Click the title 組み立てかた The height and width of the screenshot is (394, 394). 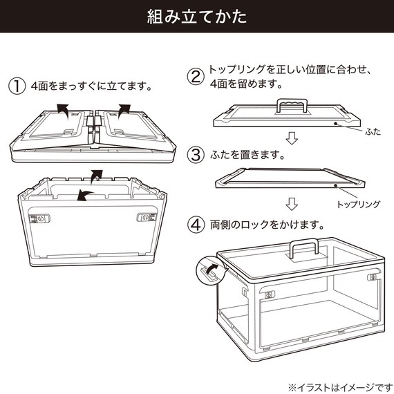(x=197, y=17)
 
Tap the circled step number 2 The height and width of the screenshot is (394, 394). (x=196, y=77)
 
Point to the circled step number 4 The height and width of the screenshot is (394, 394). (x=196, y=225)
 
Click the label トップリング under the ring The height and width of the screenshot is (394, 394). (x=357, y=205)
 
